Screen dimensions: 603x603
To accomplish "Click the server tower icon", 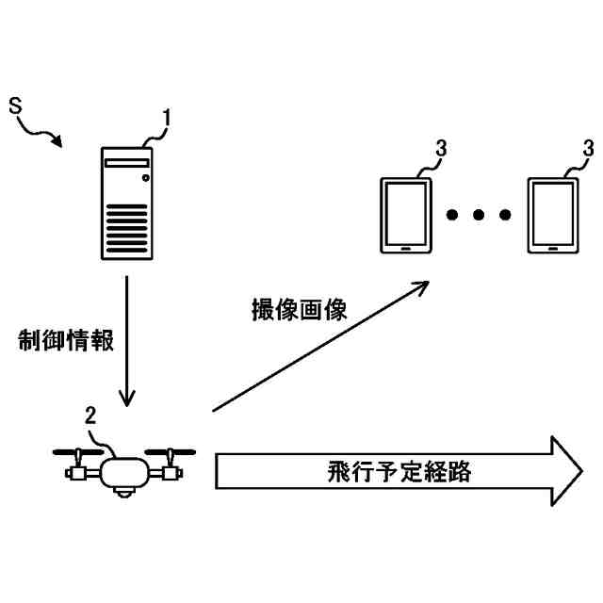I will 127,203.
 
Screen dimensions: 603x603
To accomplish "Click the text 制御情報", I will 66,341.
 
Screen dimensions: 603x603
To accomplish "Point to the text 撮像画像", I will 299,310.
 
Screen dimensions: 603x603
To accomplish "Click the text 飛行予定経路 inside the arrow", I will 386,471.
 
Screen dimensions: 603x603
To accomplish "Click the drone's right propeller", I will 171,449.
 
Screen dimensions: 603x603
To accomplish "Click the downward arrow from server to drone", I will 126,339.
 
